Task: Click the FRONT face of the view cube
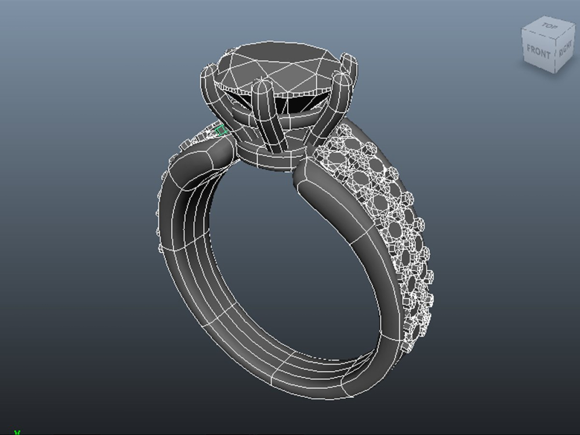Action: point(538,52)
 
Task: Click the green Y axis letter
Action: point(17,432)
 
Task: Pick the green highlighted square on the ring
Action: point(221,131)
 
